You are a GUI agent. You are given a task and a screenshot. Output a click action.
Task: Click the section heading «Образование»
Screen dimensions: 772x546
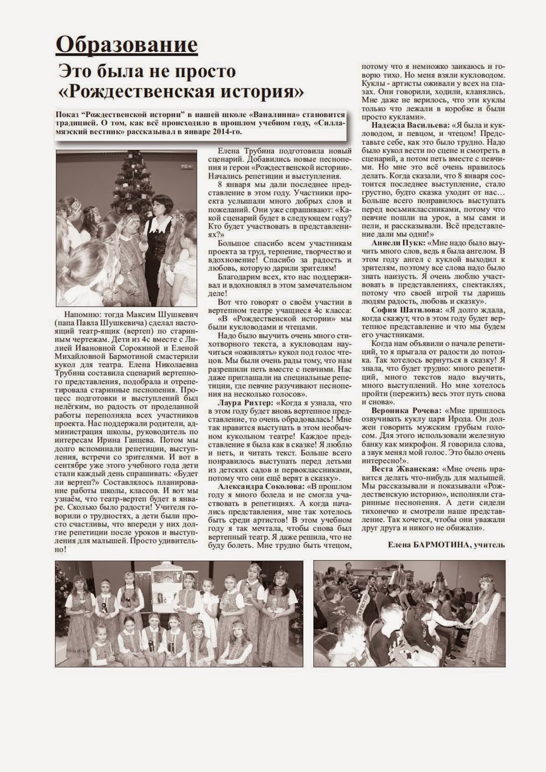(126, 45)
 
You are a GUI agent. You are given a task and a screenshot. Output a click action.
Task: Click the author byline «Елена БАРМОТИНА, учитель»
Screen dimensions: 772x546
(446, 545)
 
